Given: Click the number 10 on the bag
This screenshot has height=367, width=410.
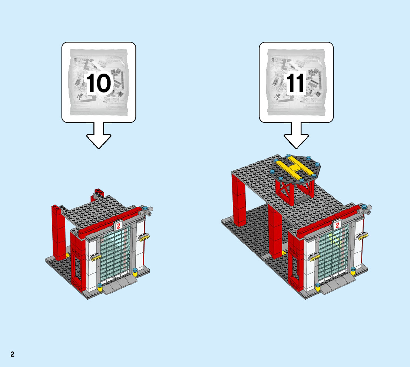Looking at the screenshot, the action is click(98, 83).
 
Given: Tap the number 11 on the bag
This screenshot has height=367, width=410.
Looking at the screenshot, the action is click(296, 83).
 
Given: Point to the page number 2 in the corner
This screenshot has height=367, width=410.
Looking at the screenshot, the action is click(12, 354).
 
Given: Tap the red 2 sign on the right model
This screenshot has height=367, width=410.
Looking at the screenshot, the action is click(337, 225).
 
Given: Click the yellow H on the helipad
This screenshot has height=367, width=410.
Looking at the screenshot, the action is click(294, 167).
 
